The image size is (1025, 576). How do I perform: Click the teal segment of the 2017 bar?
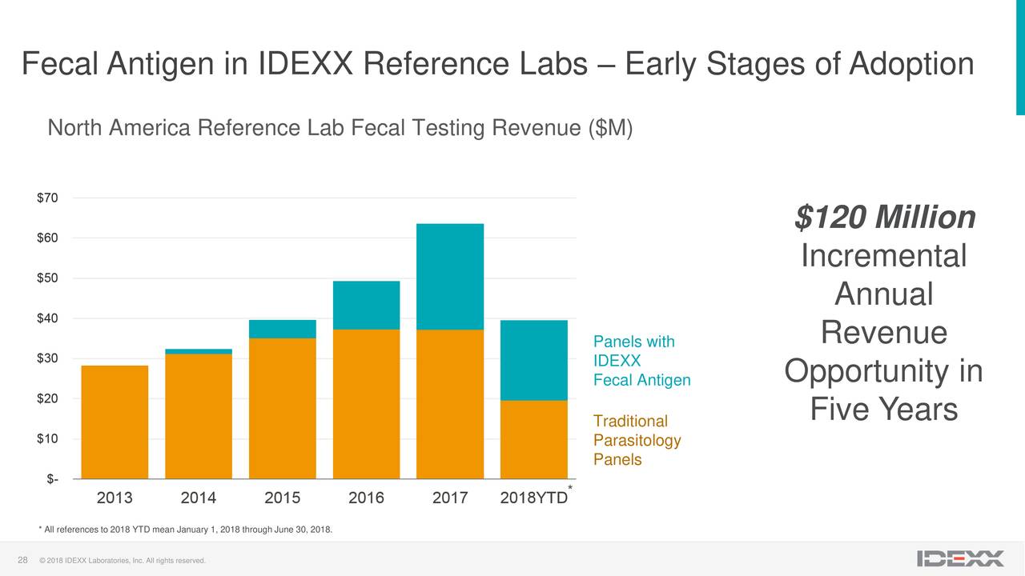450,276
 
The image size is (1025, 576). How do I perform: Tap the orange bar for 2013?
115,422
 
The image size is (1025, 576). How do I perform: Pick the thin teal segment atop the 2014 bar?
199,351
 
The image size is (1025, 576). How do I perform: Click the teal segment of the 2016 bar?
366,305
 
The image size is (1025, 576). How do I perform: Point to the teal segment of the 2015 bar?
282,329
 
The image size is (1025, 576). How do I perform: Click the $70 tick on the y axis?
46,198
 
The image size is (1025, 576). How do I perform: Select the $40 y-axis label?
46,318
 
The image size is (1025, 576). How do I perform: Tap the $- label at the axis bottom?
50,478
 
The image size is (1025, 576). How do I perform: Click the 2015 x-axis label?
282,498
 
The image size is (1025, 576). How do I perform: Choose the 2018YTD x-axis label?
533,498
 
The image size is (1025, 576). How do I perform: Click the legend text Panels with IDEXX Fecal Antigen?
641,361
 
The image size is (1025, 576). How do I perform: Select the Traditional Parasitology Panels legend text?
637,440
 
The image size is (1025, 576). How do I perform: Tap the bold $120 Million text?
884,217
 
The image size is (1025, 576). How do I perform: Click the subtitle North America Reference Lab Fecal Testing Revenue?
340,128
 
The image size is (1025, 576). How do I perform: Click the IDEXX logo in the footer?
960,558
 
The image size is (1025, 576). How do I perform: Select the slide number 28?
23,558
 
